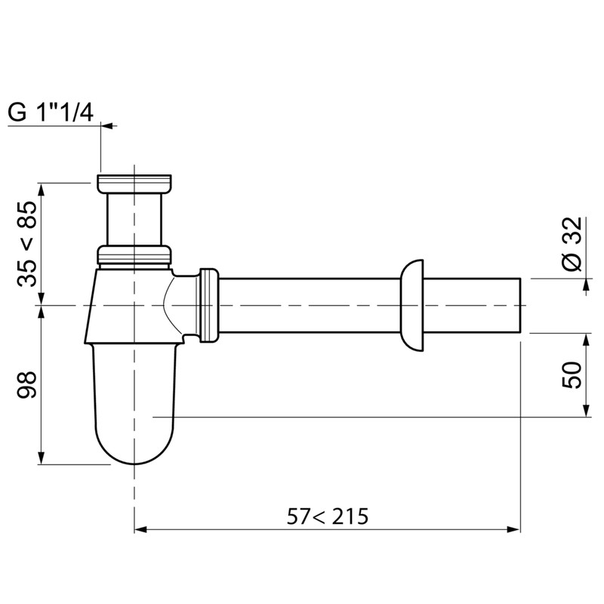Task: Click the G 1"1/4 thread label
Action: click(51, 112)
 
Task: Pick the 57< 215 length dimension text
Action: click(327, 516)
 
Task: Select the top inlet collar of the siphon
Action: click(134, 183)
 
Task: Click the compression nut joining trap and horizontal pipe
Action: click(208, 304)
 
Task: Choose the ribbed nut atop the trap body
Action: click(134, 255)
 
